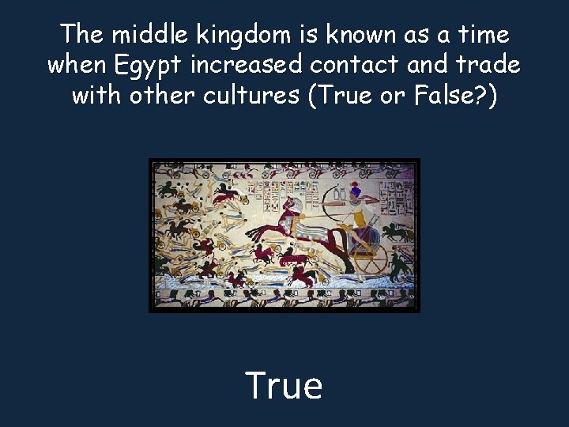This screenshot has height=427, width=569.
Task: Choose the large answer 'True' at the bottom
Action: [x=284, y=385]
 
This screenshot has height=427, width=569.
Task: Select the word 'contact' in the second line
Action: [x=355, y=65]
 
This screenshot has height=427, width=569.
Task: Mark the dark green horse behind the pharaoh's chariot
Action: [x=401, y=232]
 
